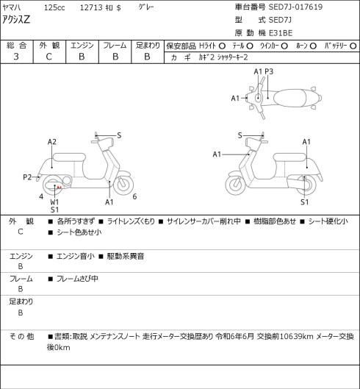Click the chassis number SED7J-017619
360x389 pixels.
pos(295,7)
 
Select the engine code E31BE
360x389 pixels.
pos(281,33)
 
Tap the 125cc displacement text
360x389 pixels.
pos(54,7)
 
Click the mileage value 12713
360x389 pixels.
pos(91,7)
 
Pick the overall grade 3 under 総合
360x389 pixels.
pos(16,57)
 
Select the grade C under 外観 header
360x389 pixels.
pos(48,57)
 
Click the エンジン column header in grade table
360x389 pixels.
pos(82,46)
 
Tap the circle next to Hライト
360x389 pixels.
pos(222,46)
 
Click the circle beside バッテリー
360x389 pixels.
pos(353,46)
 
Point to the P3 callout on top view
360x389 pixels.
pos(269,72)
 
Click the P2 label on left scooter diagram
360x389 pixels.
pos(27,177)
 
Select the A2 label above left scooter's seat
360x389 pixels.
pos(52,142)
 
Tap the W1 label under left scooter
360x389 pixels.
pos(54,201)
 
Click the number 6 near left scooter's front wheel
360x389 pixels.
pos(134,196)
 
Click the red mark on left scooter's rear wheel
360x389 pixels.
pos(59,187)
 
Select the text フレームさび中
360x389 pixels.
pos(77,279)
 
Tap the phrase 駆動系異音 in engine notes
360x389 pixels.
pos(126,256)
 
